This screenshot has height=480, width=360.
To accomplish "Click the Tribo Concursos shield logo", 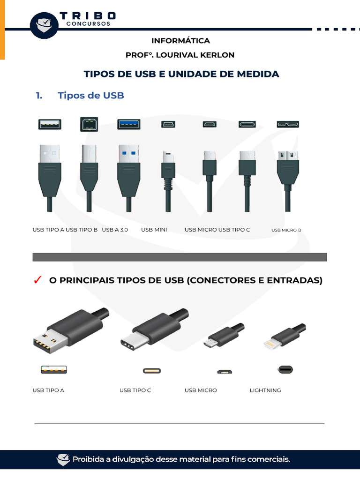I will pos(45,25).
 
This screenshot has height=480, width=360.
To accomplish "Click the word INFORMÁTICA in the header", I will pos(180,41).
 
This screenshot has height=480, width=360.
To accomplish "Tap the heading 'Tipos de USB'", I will pos(90,96).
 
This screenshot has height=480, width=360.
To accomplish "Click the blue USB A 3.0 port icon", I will pos(128,124).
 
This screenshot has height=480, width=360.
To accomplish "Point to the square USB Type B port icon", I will pos(89,124).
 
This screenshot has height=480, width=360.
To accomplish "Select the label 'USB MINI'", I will pos(154,230).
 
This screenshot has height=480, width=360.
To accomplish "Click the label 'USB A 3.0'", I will pos(115,230).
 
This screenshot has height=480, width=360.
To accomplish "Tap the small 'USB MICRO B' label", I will pos(286,230).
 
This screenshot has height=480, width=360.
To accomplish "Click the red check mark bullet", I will pos(37,280).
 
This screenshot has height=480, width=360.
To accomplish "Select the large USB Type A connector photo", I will pos(70,331).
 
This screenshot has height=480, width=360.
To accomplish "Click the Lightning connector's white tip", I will pos(270,345).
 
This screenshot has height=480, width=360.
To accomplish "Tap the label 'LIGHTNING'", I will pos(265,390).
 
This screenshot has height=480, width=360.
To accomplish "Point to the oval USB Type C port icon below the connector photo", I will pos(151,371).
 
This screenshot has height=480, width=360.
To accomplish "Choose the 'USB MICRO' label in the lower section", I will pos(201,390).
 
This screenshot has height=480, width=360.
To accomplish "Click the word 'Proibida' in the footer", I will pos(88,459).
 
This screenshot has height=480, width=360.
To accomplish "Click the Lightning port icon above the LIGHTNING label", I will pos(285,369).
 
